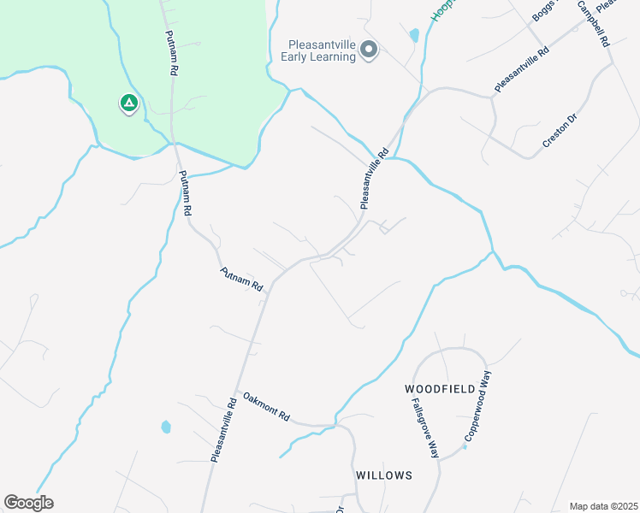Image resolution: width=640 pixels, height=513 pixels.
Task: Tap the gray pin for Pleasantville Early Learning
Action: coord(369,50)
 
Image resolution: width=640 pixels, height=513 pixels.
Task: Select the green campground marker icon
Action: coord(128,104)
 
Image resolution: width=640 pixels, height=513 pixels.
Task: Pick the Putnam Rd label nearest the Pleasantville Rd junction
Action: coord(241,278)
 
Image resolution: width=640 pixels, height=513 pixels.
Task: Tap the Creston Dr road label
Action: coord(560,130)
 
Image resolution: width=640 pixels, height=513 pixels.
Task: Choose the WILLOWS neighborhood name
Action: coord(384,475)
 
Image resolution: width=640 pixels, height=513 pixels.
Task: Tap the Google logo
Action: coord(28,503)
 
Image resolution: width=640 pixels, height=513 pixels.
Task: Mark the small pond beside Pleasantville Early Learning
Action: coord(414,36)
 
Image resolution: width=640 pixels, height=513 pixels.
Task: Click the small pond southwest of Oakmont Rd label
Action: coord(165,426)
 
